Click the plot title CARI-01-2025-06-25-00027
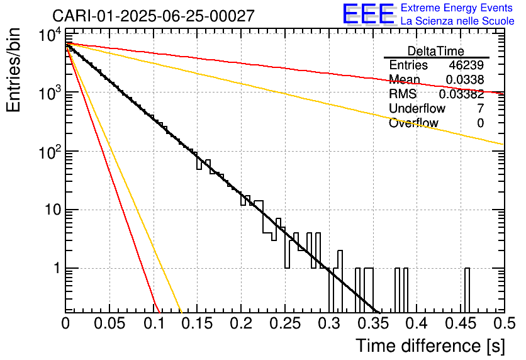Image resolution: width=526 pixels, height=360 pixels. [154, 16]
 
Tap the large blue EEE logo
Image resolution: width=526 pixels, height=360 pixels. [367, 14]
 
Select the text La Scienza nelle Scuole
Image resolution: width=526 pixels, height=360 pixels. [457, 21]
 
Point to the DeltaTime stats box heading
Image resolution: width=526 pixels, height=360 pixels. [436, 51]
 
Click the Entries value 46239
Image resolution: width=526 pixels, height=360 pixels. [466, 65]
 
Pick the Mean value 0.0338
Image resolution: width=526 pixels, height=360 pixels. [465, 80]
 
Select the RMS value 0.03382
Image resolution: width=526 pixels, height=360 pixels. [461, 94]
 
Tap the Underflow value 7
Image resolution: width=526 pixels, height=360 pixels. [480, 109]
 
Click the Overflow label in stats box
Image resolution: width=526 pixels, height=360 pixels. [413, 123]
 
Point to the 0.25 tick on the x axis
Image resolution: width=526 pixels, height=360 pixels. [285, 323]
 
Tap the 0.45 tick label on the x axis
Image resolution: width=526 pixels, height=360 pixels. [460, 323]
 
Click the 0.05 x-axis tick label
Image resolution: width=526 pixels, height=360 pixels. [109, 323]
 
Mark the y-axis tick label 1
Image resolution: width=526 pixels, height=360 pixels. [55, 269]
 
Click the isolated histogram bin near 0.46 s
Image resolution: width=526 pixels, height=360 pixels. [467, 290]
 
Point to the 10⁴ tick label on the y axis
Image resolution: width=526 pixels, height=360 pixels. [49, 35]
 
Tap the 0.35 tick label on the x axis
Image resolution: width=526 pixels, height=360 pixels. [372, 323]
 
